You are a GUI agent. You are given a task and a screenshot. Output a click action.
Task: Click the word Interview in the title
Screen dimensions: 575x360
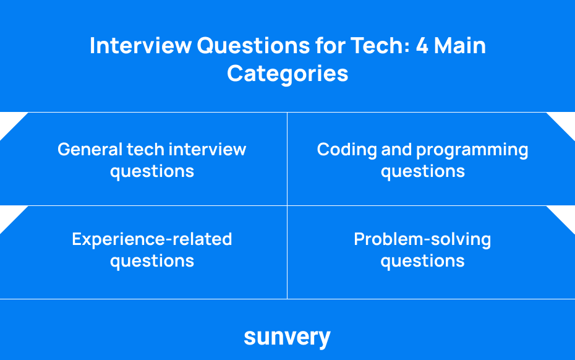click(140, 46)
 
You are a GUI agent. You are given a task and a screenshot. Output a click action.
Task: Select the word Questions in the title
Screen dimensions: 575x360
click(253, 46)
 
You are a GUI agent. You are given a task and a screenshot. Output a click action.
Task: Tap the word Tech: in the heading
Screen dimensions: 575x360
click(380, 46)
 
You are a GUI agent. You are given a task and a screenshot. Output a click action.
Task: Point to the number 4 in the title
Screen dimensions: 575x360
click(422, 46)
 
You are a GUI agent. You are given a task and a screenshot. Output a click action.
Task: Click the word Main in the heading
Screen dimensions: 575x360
click(460, 46)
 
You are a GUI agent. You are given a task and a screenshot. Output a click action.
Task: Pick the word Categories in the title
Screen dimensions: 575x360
click(287, 74)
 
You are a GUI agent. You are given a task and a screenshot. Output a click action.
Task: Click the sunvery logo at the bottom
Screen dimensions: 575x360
click(287, 337)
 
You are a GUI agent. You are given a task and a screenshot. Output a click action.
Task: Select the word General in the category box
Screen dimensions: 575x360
click(90, 149)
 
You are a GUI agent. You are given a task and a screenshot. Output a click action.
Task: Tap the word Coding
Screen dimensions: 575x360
click(346, 150)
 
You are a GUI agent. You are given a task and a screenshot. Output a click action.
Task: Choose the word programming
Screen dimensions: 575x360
click(472, 150)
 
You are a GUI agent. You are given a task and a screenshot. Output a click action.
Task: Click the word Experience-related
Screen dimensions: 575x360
click(152, 239)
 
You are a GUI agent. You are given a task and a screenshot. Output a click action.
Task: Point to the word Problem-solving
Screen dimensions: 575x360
click(422, 239)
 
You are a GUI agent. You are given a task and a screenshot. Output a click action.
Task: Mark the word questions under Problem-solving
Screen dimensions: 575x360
click(422, 262)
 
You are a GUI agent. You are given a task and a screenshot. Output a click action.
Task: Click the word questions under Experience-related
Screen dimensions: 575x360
click(152, 262)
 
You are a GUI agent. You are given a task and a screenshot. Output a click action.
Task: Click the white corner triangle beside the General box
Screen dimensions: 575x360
click(9, 122)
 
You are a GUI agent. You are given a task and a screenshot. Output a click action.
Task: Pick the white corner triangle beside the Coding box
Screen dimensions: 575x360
click(566, 122)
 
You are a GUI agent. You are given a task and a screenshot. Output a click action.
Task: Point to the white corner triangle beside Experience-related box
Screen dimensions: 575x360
click(9, 215)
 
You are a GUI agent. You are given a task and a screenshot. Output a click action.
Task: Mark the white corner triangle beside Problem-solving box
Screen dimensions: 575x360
click(566, 215)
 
